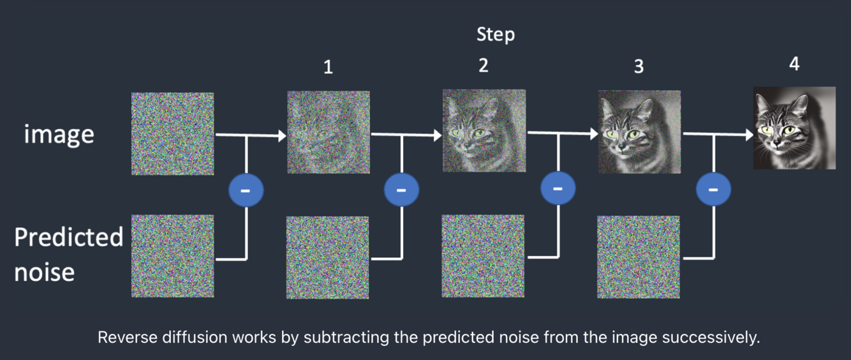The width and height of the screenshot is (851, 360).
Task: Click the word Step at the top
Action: (495, 34)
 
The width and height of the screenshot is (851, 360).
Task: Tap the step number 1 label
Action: (328, 67)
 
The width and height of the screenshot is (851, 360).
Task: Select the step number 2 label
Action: (484, 65)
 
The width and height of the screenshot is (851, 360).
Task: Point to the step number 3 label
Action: (639, 67)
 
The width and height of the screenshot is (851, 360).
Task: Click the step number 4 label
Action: (794, 63)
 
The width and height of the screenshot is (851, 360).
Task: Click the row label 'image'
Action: (59, 135)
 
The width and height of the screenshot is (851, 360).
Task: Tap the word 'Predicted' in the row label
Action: (68, 237)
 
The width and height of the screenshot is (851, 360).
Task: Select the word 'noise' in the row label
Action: (44, 273)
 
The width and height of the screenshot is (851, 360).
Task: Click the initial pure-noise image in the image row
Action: (172, 133)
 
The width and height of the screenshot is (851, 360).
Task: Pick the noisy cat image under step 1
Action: (328, 132)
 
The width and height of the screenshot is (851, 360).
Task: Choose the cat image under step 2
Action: (484, 131)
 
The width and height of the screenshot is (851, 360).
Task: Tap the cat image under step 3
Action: (639, 132)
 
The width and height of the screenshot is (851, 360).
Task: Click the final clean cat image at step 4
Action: (794, 128)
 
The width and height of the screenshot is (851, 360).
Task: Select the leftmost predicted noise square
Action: (172, 256)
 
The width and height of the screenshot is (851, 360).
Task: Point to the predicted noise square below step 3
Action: (639, 257)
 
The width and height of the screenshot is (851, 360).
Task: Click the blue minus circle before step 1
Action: (246, 190)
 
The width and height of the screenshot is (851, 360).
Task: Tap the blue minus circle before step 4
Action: (713, 189)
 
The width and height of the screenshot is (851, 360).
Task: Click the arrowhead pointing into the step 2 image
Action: (437, 135)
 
